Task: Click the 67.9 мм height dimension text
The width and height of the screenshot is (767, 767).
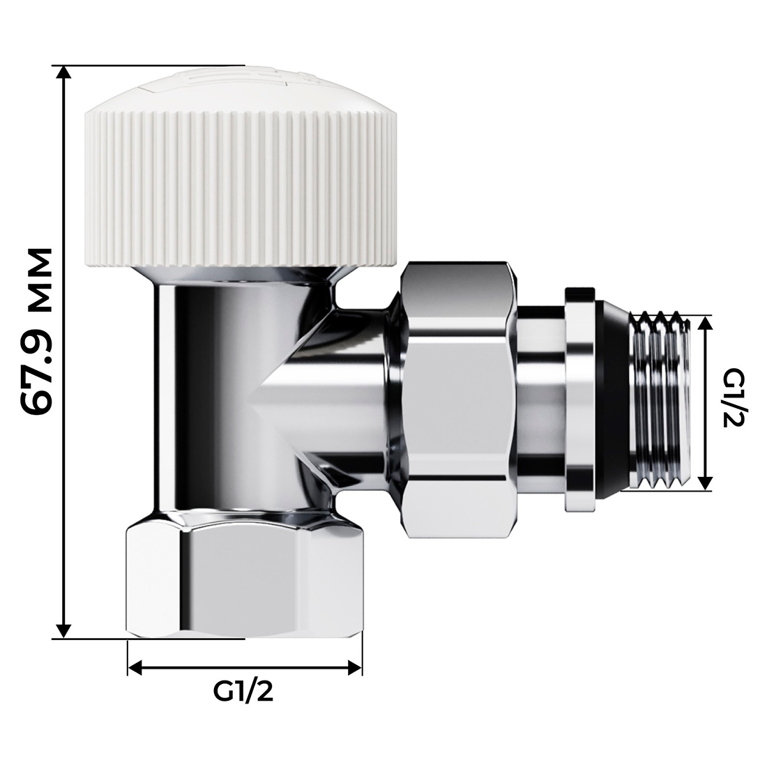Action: (x=36, y=331)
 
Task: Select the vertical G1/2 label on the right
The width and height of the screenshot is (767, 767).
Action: (x=732, y=402)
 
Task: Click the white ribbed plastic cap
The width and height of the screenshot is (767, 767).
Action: (x=243, y=188)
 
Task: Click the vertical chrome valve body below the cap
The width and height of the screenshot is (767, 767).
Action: (x=209, y=390)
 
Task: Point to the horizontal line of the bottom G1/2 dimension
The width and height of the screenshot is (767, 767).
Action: (x=243, y=668)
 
